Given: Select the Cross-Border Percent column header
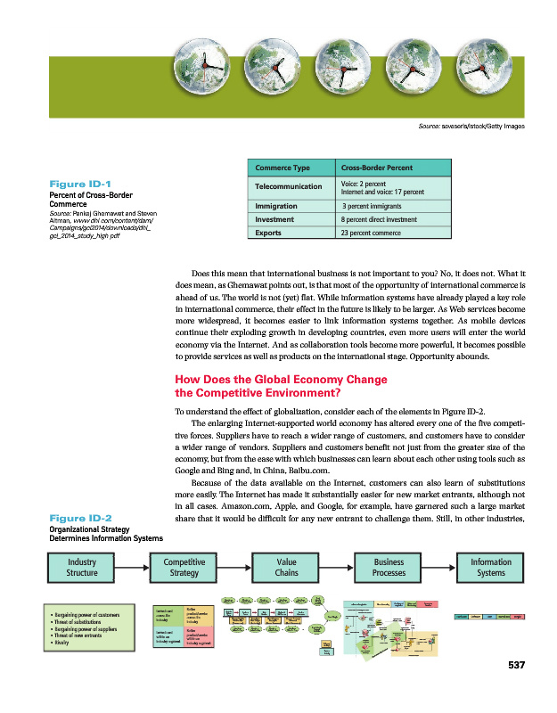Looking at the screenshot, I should pos(372,169).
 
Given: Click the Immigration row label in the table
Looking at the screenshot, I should pos(276,205).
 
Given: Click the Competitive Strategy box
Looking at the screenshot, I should pos(177,568).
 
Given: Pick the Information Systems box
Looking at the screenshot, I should pos(491,568).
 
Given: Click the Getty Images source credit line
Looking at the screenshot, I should pos(471,127).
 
